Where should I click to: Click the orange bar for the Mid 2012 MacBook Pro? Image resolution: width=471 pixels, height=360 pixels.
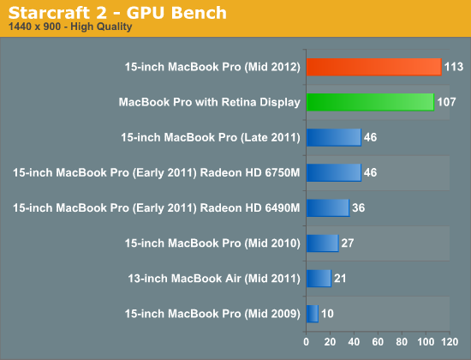pyautogui.click(x=374, y=67)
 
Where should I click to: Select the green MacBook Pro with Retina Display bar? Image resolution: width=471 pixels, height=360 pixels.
pyautogui.click(x=370, y=102)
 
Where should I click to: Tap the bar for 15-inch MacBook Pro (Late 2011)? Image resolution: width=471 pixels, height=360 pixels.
pyautogui.click(x=334, y=137)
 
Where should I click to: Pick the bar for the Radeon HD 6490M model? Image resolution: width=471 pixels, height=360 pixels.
pyautogui.click(x=328, y=207)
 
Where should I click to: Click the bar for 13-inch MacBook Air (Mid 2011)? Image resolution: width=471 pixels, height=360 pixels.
pyautogui.click(x=319, y=279)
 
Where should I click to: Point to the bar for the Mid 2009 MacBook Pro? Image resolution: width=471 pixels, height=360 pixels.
pyautogui.click(x=313, y=314)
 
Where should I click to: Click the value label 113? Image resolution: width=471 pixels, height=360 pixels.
pyautogui.click(x=454, y=67)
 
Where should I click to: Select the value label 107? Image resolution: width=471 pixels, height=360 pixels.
pyautogui.click(x=447, y=102)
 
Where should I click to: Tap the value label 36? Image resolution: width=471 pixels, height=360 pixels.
pyautogui.click(x=359, y=207)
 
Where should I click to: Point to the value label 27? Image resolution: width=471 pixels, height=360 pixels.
pyautogui.click(x=348, y=243)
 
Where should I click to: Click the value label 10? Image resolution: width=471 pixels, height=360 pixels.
pyautogui.click(x=327, y=314)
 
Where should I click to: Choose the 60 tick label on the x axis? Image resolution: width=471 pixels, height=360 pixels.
pyautogui.click(x=378, y=342)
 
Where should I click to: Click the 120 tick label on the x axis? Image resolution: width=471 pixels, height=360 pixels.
pyautogui.click(x=450, y=342)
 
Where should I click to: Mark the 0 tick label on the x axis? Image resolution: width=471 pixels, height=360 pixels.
pyautogui.click(x=306, y=342)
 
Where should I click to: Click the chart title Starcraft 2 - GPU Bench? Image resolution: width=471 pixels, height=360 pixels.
pyautogui.click(x=117, y=13)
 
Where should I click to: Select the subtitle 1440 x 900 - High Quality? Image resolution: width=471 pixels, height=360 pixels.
pyautogui.click(x=70, y=27)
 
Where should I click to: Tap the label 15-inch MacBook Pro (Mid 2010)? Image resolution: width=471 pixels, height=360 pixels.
pyautogui.click(x=212, y=243)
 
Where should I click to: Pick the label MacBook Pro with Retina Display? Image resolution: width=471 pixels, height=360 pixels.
pyautogui.click(x=209, y=102)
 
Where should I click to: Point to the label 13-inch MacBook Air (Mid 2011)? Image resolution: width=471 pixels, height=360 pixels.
pyautogui.click(x=214, y=279)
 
